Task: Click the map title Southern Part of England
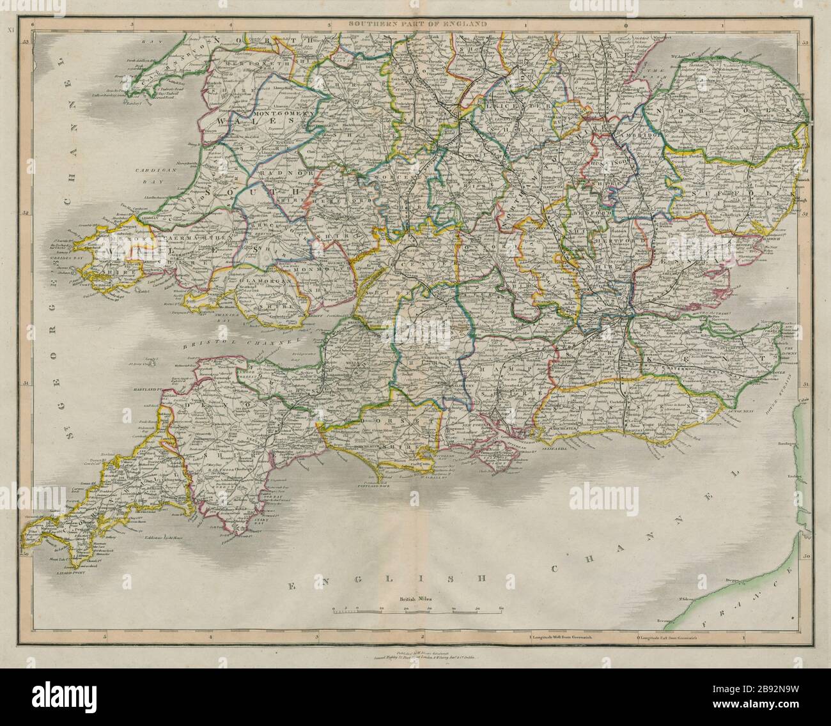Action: pos(416,23)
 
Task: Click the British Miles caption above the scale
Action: pos(416,599)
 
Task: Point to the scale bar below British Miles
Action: pos(417,610)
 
